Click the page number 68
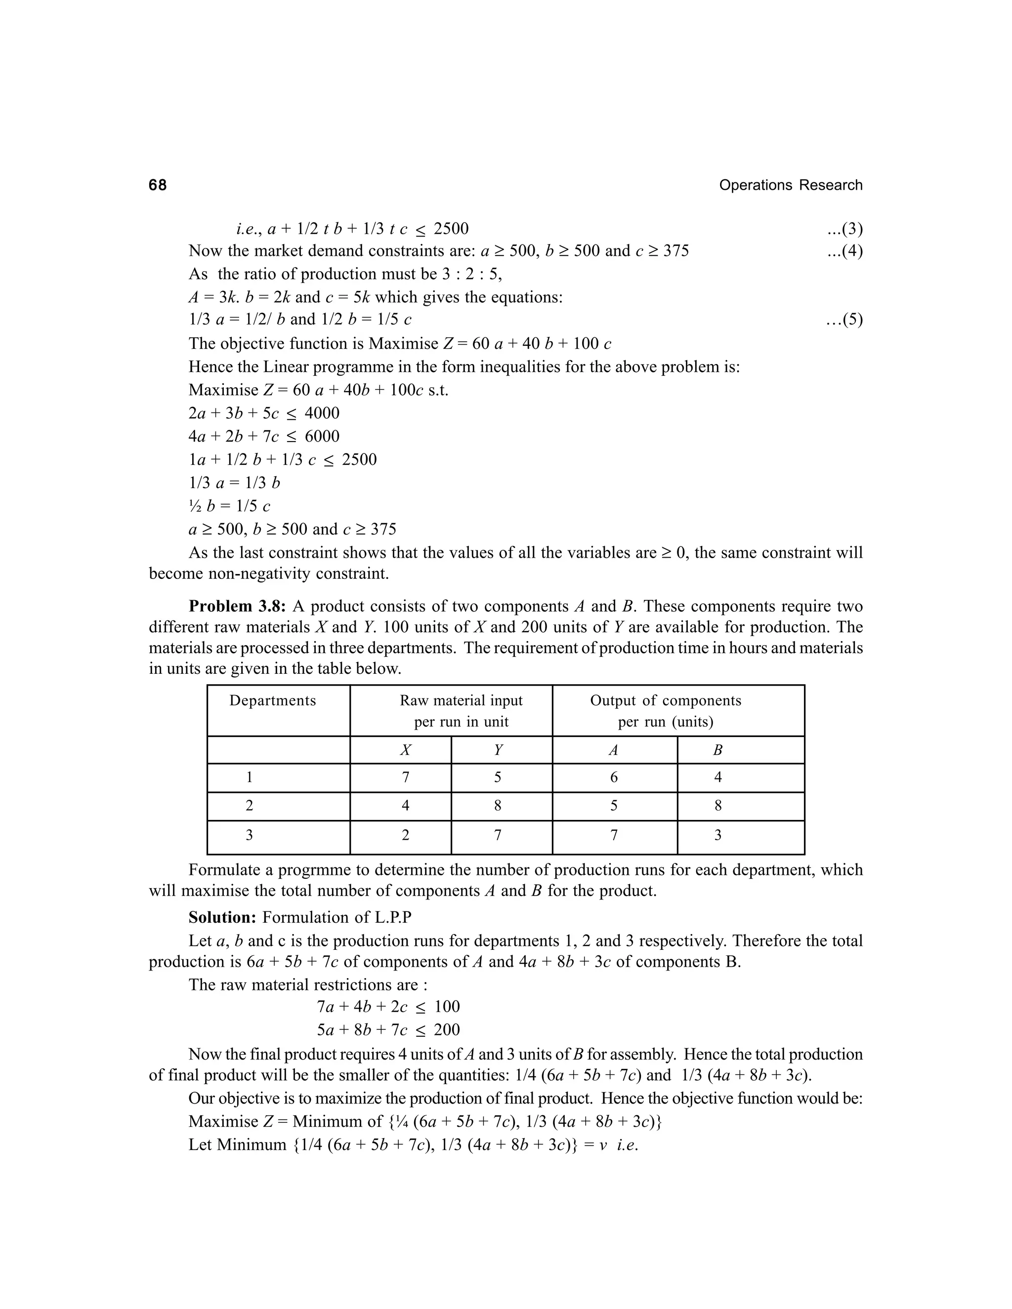pos(158,185)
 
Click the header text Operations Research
pos(790,185)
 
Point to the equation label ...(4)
pos(844,250)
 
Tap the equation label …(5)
pos(844,320)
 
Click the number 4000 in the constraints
pos(322,413)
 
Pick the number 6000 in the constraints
pos(322,436)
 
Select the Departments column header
pos(272,700)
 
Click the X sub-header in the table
pos(405,750)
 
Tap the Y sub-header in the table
pos(498,750)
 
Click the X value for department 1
pos(405,777)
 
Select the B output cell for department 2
pos(717,806)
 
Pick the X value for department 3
pos(405,835)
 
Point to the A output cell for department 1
pos(614,777)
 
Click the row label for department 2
pos(250,806)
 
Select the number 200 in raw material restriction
pos(447,1030)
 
